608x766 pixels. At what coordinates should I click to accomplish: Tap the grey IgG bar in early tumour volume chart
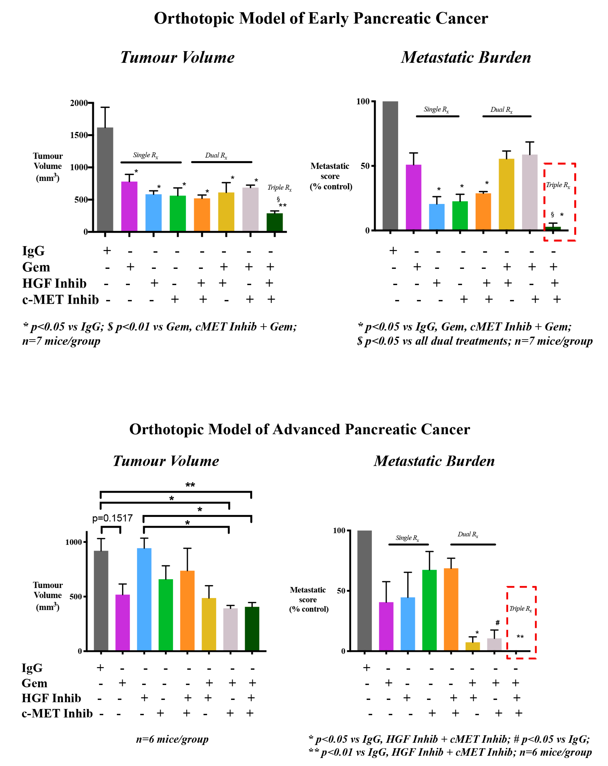pyautogui.click(x=105, y=179)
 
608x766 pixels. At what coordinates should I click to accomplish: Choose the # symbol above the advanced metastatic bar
pyautogui.click(x=498, y=622)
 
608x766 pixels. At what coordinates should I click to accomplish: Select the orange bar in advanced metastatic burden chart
pyautogui.click(x=451, y=610)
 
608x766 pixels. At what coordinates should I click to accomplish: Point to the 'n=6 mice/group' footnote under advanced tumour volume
pyautogui.click(x=172, y=739)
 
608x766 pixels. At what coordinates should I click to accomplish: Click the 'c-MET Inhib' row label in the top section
pyautogui.click(x=60, y=299)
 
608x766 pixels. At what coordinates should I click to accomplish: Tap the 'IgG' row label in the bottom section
pyautogui.click(x=32, y=668)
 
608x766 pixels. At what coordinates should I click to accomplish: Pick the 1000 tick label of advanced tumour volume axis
pyautogui.click(x=74, y=542)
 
